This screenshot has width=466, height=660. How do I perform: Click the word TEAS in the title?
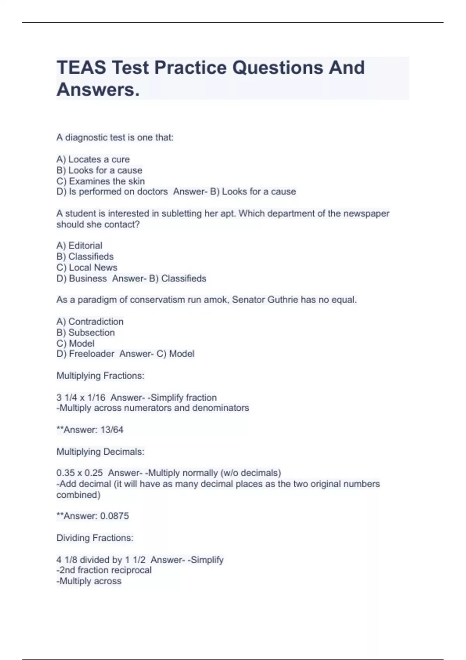pos(81,68)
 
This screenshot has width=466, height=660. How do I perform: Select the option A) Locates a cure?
pos(93,159)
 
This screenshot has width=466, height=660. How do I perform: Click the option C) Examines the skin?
pos(101,181)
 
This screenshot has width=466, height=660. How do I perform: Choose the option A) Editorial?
pos(80,245)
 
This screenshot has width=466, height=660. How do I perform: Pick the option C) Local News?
pos(87,267)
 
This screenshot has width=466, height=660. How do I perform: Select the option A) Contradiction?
pos(90,321)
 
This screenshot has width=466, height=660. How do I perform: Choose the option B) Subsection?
pos(86,332)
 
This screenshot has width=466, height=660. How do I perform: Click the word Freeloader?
pos(92,354)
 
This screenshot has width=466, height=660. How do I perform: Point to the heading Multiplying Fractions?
pos(100,375)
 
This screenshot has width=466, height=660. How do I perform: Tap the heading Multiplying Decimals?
pos(100,452)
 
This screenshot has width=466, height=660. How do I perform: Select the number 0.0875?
pos(115,516)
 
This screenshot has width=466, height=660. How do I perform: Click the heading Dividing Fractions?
pos(95,538)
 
